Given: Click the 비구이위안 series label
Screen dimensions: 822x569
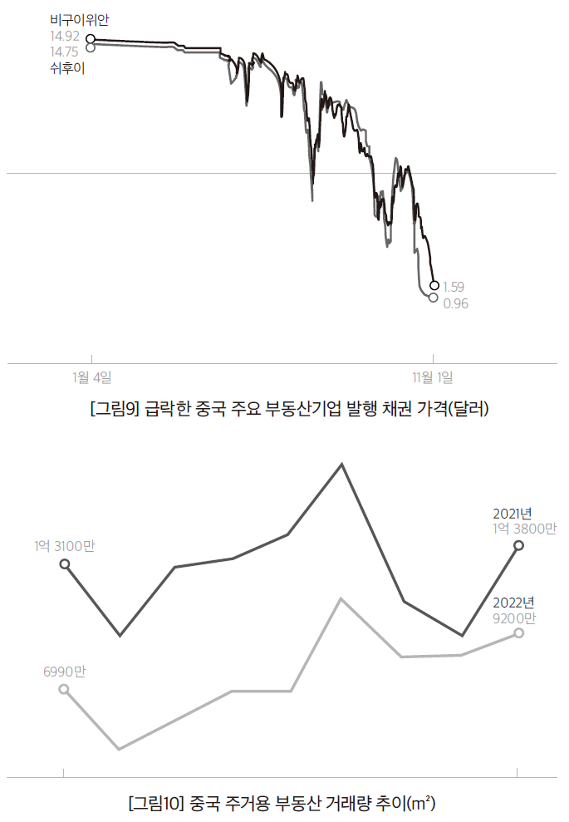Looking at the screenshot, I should point(79,19).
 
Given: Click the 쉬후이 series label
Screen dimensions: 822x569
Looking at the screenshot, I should point(67,69).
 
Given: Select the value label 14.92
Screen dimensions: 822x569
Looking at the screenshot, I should point(65,36).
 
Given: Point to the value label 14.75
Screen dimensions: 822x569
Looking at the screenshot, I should point(65,52).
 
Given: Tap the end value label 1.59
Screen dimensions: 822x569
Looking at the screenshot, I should point(454,287).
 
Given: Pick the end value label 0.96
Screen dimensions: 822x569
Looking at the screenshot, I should point(455,303).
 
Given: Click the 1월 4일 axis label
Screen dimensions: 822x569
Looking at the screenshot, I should point(92,377).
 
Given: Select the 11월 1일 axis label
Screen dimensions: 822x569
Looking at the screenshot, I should point(433,377).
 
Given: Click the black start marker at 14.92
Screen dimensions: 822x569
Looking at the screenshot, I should point(90,38).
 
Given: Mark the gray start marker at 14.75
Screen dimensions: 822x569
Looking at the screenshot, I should point(90,47).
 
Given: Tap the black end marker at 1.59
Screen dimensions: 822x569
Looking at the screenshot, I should point(434,285).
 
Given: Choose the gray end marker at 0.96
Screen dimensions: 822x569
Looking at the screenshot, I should point(433,297).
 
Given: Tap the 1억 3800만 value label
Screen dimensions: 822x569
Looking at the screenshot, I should point(524,528).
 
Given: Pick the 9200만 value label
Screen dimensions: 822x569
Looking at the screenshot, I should point(515,618).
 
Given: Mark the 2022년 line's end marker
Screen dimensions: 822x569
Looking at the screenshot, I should point(519,632).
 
